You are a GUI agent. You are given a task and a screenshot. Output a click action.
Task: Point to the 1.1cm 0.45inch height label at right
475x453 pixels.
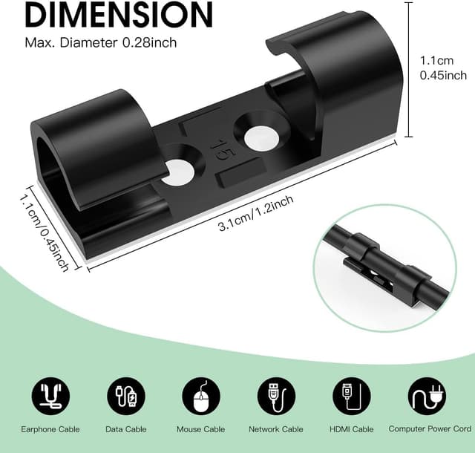click(x=442, y=68)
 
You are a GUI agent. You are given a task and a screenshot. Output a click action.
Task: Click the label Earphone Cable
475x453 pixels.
click(x=50, y=429)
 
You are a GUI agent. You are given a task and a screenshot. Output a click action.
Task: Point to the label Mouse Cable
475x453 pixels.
click(x=201, y=429)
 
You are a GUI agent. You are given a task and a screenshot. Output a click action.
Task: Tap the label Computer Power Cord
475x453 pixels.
click(x=429, y=429)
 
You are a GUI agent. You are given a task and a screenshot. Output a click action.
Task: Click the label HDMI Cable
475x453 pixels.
click(x=352, y=429)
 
